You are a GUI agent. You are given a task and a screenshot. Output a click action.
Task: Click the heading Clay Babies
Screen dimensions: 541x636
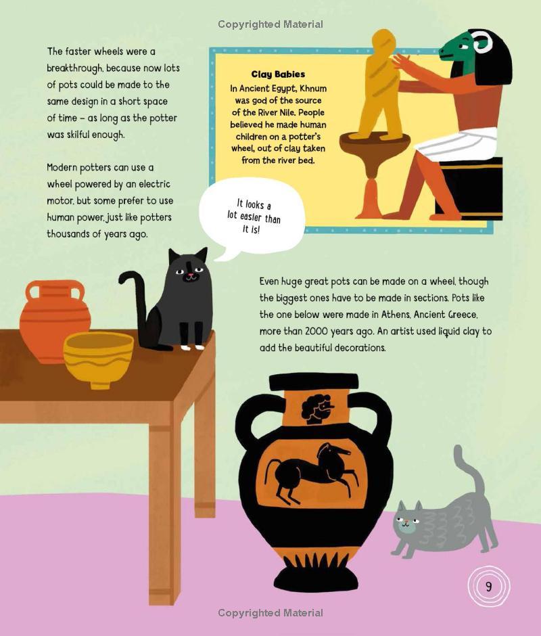point(278,74)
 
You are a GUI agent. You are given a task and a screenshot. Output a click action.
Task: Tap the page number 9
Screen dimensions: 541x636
point(488,587)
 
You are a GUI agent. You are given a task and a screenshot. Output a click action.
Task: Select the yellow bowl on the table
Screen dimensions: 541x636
point(99,359)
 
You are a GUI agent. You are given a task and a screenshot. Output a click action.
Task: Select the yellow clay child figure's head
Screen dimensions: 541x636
point(383,43)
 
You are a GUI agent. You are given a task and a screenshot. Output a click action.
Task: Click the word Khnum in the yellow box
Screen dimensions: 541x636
point(312,89)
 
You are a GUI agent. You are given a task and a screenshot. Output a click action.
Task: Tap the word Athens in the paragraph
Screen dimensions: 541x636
point(396,315)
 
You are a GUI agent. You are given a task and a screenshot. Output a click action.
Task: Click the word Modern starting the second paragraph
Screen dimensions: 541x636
point(62,168)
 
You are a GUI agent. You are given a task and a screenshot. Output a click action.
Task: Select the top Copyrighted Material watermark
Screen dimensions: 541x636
point(270,24)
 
